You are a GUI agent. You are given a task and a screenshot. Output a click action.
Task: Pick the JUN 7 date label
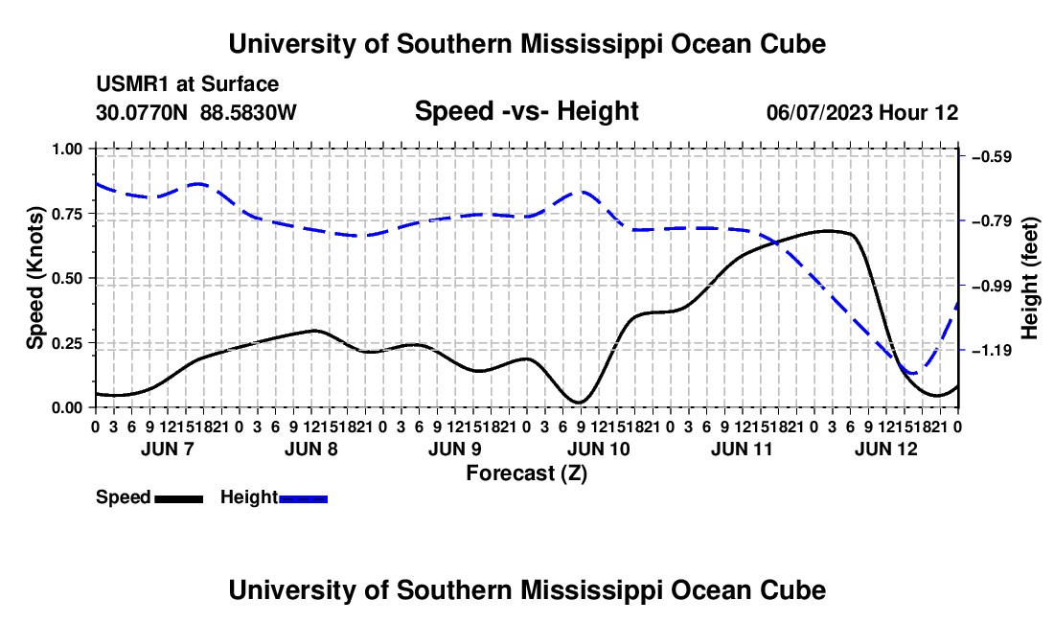tap(168, 449)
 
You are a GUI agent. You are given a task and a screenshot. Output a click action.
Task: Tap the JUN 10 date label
tap(598, 449)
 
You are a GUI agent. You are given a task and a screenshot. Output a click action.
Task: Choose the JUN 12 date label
tap(886, 449)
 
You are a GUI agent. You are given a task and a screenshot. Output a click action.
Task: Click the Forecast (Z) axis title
tap(526, 473)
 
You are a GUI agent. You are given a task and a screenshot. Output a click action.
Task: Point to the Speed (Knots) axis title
tap(34, 278)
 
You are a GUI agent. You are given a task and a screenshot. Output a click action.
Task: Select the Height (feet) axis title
tap(1029, 278)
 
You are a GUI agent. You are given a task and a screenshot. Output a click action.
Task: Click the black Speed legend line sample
tap(179, 499)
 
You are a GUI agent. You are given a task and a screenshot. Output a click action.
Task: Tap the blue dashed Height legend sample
tap(303, 499)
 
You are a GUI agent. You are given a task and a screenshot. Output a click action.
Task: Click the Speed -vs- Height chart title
tap(526, 111)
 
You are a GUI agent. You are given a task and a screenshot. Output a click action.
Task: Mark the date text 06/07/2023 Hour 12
tap(862, 112)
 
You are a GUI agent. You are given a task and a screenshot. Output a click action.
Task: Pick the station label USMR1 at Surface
tap(188, 84)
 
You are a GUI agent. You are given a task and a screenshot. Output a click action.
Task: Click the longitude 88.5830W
tap(248, 112)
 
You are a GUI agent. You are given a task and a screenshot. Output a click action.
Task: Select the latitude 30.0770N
tap(142, 112)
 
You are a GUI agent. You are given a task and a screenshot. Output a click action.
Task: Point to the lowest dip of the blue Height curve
tap(913, 372)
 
